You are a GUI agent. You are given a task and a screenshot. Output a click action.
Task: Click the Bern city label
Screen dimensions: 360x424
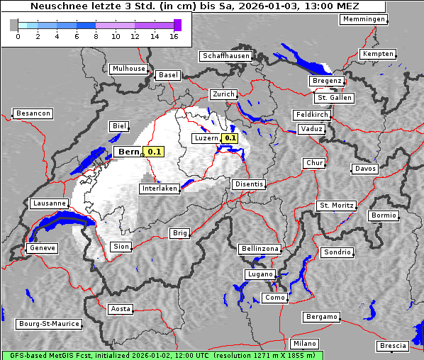coord(128,152)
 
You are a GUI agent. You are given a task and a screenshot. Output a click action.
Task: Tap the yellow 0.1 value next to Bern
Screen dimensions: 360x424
coord(154,152)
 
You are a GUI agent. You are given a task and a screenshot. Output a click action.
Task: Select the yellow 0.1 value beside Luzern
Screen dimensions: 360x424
coord(230,138)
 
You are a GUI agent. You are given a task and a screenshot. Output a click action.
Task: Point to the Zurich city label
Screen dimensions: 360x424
coord(223,94)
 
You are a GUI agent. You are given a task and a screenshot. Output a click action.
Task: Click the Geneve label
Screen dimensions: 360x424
coord(42,248)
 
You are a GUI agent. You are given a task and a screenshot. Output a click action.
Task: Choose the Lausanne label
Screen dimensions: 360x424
coord(50,203)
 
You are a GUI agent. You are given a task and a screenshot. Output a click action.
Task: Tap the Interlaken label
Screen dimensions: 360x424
coord(160,189)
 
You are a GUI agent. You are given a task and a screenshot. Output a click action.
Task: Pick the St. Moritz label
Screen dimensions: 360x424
coord(336,206)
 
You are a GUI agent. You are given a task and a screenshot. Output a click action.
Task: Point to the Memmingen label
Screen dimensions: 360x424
coord(364,19)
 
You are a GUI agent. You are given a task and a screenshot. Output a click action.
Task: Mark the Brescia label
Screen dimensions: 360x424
coord(393,346)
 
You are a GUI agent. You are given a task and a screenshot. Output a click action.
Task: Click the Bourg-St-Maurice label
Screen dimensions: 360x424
coord(49,324)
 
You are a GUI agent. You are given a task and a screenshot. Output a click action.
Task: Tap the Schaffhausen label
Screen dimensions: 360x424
coord(226,55)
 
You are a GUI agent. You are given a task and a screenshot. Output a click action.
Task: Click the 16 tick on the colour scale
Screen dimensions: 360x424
coord(174,35)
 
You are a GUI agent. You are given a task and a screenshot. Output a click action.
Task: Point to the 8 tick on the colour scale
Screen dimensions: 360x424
coord(96,35)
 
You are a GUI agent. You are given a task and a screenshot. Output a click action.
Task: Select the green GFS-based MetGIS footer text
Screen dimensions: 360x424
coord(162,355)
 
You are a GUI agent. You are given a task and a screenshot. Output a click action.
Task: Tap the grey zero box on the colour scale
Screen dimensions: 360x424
coord(14,25)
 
